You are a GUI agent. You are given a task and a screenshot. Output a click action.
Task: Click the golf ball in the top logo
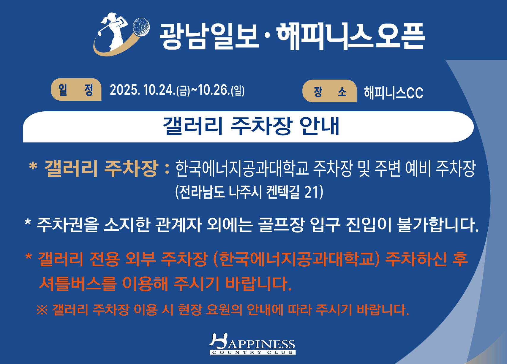click(141, 27)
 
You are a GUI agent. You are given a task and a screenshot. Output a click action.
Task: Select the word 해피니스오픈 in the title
click(350, 36)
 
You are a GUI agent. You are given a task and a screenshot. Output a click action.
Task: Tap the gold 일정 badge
click(76, 89)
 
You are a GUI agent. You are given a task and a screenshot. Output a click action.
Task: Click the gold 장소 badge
click(330, 91)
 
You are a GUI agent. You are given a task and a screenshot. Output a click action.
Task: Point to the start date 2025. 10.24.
click(143, 90)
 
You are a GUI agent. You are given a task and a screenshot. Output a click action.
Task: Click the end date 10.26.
click(214, 90)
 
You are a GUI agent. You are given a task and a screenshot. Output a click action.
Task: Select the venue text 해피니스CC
click(393, 93)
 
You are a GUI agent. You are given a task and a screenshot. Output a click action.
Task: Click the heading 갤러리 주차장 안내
click(251, 126)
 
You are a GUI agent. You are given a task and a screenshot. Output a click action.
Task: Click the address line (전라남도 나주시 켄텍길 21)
click(249, 192)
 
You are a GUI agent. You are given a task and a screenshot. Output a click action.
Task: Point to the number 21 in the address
click(312, 192)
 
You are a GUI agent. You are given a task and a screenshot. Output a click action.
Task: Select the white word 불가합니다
click(438, 225)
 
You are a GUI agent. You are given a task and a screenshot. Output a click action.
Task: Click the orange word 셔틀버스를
click(78, 284)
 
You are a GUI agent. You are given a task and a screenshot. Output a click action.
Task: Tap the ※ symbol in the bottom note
click(42, 310)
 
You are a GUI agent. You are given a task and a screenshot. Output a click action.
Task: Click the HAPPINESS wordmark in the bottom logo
click(252, 342)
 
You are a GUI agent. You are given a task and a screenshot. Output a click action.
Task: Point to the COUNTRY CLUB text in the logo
click(253, 352)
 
